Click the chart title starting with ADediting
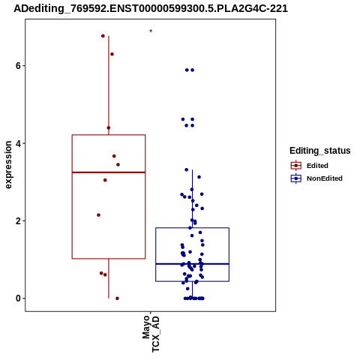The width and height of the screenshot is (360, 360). click(151, 9)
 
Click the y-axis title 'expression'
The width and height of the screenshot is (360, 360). click(8, 165)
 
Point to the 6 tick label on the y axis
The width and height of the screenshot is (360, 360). click(18, 66)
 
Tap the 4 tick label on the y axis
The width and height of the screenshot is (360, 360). click(18, 143)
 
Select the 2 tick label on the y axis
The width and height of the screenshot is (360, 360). click(18, 221)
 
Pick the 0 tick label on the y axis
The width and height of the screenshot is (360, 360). click(18, 298)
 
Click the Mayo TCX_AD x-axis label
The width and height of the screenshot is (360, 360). click(151, 334)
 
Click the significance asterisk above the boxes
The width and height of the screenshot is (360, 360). click(151, 31)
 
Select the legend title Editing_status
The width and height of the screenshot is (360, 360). click(320, 151)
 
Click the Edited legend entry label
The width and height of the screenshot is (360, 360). click(317, 166)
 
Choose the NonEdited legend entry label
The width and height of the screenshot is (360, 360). click(325, 178)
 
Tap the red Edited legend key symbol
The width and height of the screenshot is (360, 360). click(296, 166)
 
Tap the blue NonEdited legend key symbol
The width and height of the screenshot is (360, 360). click(296, 178)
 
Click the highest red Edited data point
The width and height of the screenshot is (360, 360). click(103, 36)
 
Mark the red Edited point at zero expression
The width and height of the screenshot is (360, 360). click(117, 298)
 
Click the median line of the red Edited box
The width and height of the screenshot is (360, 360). click(109, 172)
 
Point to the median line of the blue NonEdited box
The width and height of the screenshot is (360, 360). click(193, 264)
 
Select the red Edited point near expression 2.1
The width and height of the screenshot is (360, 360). click(98, 215)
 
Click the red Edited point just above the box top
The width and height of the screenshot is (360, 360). click(109, 128)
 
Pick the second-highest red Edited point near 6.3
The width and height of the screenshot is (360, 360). click(112, 54)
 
